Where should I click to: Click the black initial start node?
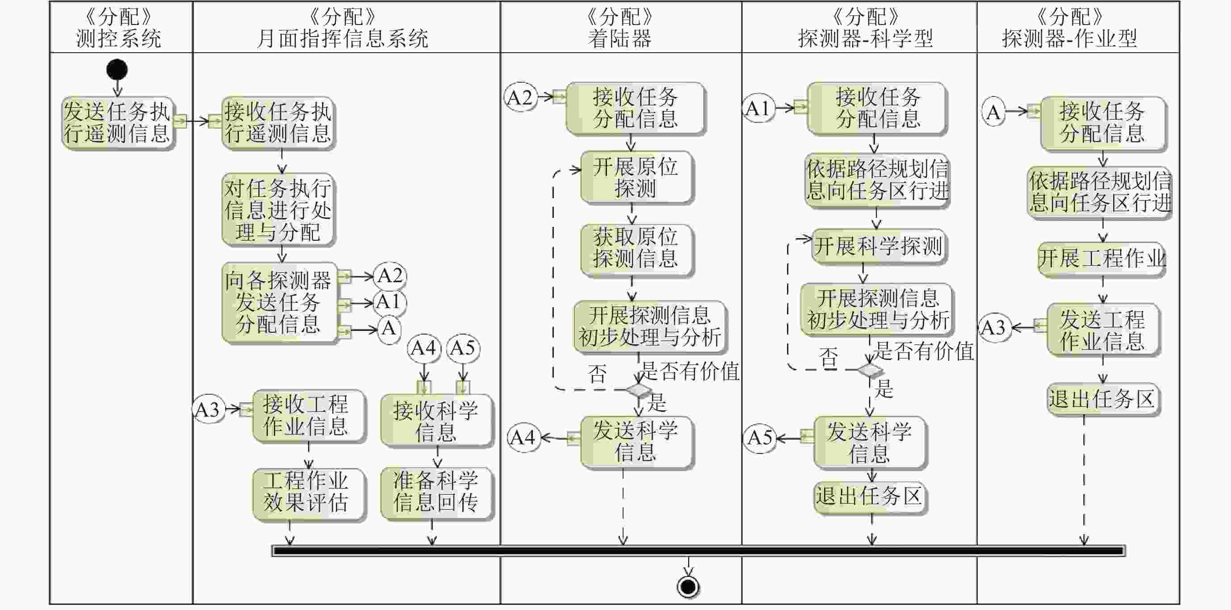117,70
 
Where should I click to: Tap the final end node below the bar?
688,587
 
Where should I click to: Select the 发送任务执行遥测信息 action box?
117,123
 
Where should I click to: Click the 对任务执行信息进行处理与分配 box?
278,210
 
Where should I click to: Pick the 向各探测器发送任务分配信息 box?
279,302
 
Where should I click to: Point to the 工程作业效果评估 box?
307,493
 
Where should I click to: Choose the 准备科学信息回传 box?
436,492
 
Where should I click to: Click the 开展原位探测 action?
636,178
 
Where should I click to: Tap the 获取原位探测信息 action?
636,248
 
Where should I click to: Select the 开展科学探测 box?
878,247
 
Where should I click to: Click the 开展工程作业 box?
1102,259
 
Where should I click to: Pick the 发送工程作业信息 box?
1102,330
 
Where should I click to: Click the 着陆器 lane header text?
620,38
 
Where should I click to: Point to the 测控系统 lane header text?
118,38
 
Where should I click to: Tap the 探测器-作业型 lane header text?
1069,38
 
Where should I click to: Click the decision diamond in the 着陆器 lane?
638,390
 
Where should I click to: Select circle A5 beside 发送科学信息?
760,438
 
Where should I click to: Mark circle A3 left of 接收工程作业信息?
208,409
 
